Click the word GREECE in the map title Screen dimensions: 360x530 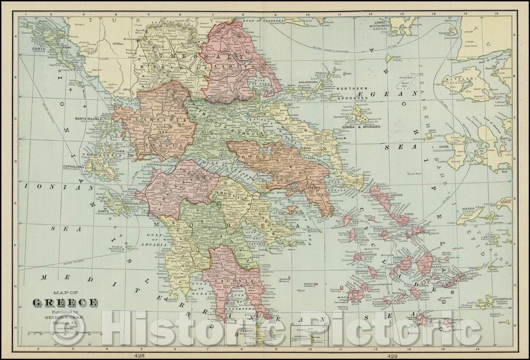click(x=65, y=302)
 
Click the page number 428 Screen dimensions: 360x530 click(x=139, y=356)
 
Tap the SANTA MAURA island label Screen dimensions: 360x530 click(x=89, y=118)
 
